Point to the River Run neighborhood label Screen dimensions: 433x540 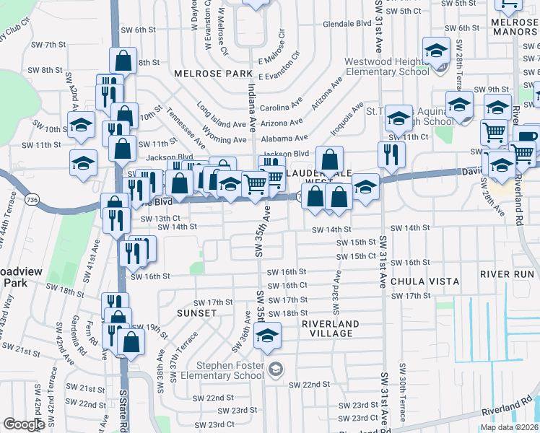pyautogui.click(x=507, y=274)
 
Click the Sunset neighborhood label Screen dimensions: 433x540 pyautogui.click(x=196, y=313)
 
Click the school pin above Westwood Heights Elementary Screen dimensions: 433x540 pyautogui.click(x=436, y=51)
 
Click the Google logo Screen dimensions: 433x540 pyautogui.click(x=24, y=424)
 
